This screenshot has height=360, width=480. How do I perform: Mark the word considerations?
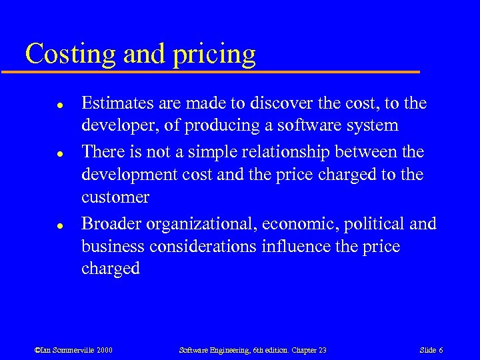click(203, 246)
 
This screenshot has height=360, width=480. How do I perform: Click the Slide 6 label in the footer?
click(431, 350)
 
